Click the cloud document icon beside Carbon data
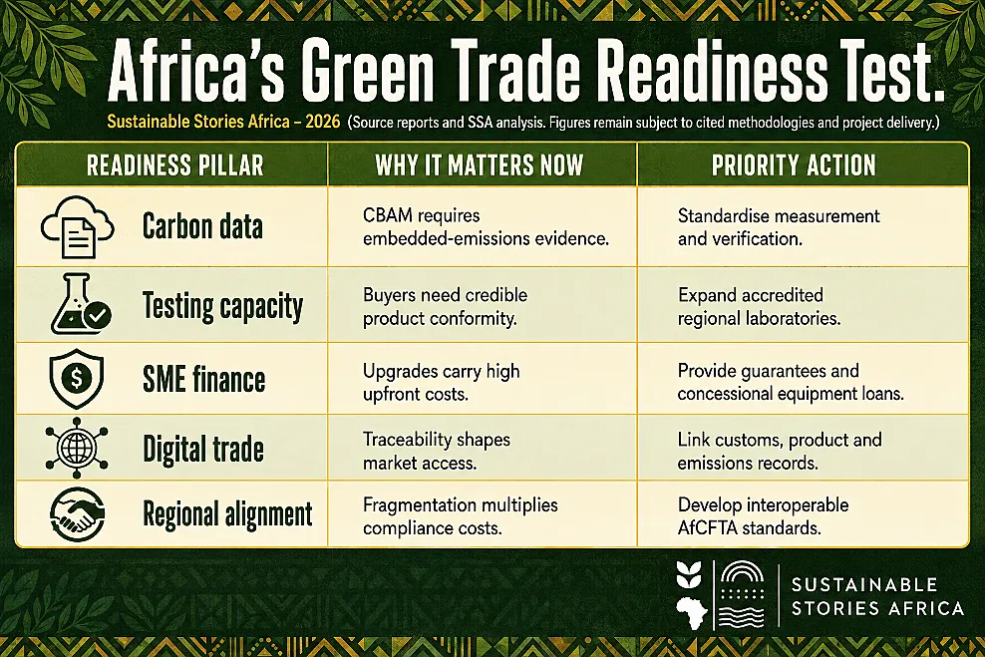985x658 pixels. (78, 226)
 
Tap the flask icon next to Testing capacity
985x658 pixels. (81, 304)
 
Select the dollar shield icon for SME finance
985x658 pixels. (77, 379)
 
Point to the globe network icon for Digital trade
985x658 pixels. (77, 448)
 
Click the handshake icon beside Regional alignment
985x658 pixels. (78, 514)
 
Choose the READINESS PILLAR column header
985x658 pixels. (175, 165)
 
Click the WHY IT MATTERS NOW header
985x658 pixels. (480, 165)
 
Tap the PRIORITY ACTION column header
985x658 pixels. (794, 165)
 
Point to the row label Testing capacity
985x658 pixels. (222, 306)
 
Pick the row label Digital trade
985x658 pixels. (203, 449)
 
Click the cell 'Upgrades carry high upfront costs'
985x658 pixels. (441, 382)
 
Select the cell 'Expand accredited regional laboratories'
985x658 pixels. (759, 307)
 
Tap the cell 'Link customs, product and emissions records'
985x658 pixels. (780, 452)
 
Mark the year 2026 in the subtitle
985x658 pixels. (323, 122)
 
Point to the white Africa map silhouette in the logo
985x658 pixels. (692, 612)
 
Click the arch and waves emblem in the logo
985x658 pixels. (742, 594)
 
